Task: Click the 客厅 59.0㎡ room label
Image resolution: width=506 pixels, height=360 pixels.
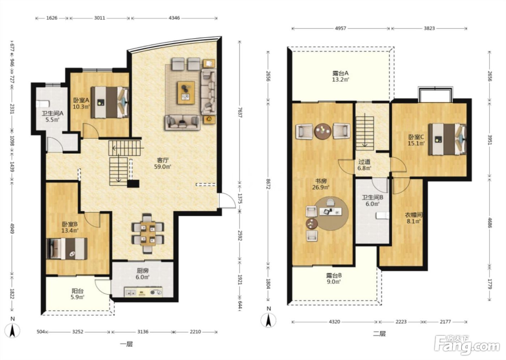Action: click(x=163, y=163)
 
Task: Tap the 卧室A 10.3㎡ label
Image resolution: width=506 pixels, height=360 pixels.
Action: click(x=81, y=103)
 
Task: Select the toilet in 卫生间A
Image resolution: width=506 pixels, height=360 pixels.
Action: click(x=43, y=104)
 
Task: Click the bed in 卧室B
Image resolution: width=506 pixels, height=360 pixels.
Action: click(x=67, y=248)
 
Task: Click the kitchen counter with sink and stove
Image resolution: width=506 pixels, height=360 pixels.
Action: click(x=143, y=292)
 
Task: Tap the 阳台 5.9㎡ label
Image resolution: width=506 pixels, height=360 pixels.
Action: click(x=78, y=294)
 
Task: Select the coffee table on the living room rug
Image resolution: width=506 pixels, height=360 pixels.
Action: click(x=186, y=93)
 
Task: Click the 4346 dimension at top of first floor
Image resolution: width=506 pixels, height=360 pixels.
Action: click(x=174, y=18)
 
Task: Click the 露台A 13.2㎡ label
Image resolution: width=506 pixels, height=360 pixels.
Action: click(x=340, y=76)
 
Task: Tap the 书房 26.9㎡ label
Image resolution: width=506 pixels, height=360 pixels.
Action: click(x=321, y=184)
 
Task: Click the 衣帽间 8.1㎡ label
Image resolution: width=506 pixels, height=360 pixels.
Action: click(x=414, y=218)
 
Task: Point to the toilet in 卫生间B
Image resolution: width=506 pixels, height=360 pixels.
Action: click(x=382, y=215)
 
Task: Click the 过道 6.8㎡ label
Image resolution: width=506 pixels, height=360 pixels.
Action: click(x=365, y=165)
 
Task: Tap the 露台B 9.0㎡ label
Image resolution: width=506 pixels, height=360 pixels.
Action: click(x=334, y=278)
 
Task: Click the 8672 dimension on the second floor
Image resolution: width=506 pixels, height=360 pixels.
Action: click(x=268, y=184)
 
